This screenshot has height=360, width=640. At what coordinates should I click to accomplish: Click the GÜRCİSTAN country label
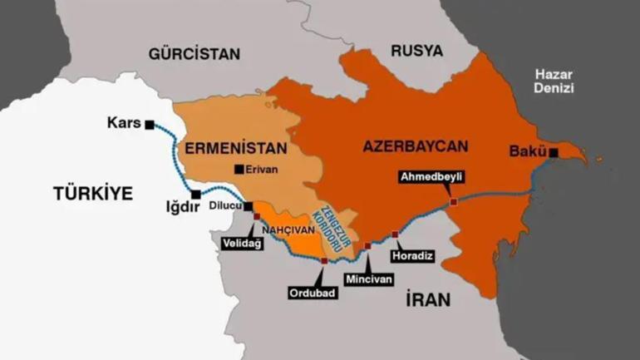(x=194, y=54)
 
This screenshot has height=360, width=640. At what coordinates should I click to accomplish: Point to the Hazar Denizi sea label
(x=554, y=81)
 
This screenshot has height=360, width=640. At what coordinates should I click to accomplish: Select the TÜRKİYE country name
(x=93, y=194)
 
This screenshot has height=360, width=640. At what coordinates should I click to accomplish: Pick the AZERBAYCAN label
(x=416, y=146)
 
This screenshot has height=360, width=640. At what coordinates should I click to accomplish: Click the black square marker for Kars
(x=149, y=125)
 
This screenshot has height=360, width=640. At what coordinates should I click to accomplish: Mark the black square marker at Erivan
(x=239, y=170)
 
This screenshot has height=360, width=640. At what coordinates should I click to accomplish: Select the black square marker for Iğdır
(x=195, y=195)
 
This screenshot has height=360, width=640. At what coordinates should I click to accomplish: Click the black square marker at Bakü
(x=553, y=152)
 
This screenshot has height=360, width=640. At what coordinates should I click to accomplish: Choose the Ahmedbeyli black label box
(x=431, y=176)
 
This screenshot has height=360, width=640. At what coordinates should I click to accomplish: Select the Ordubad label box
(x=313, y=292)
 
